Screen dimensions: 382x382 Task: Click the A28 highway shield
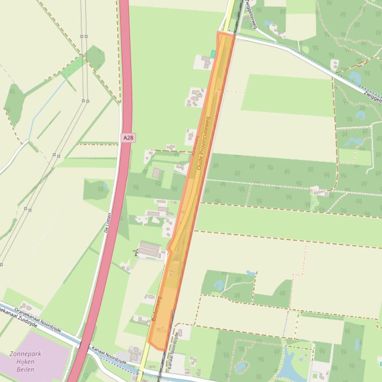pos(128,137)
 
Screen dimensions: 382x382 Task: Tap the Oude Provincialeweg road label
pos(204,143)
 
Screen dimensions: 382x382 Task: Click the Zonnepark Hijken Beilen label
pos(25,362)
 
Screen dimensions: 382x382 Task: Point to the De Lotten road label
pos(107,223)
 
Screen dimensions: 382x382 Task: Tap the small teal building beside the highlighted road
pos(213,53)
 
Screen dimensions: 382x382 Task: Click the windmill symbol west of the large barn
pos(136,253)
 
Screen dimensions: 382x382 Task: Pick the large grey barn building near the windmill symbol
pos(151,250)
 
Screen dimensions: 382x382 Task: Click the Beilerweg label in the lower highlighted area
pos(157,309)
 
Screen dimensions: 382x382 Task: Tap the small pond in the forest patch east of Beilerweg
pos(219,285)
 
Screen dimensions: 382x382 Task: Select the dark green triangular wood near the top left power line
pos(94,58)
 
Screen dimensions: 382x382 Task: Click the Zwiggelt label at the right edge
pos(373,97)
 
